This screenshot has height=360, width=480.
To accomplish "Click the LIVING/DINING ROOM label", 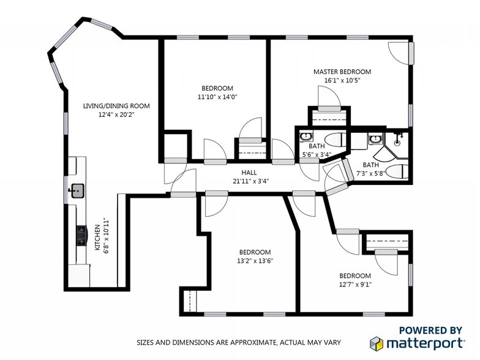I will [116, 106].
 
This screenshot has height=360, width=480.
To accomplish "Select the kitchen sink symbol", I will [77, 191].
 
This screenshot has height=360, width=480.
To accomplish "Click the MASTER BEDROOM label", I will [342, 72].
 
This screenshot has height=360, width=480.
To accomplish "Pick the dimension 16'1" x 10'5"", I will [342, 80].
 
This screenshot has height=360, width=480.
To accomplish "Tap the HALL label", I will [249, 172].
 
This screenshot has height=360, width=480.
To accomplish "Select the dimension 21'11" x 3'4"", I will [249, 181].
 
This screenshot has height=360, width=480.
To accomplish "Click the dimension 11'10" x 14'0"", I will [217, 97].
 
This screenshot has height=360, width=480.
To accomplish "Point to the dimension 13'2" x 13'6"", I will [255, 261].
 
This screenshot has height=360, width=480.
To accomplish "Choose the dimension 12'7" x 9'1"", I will [355, 284].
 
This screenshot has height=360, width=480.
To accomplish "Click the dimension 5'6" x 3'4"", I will [317, 154].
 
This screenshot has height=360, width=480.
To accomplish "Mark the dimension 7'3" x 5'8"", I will [371, 173].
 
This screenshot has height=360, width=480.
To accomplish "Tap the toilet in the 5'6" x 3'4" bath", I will [334, 138].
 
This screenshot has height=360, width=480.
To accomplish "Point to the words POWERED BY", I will [430, 329].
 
